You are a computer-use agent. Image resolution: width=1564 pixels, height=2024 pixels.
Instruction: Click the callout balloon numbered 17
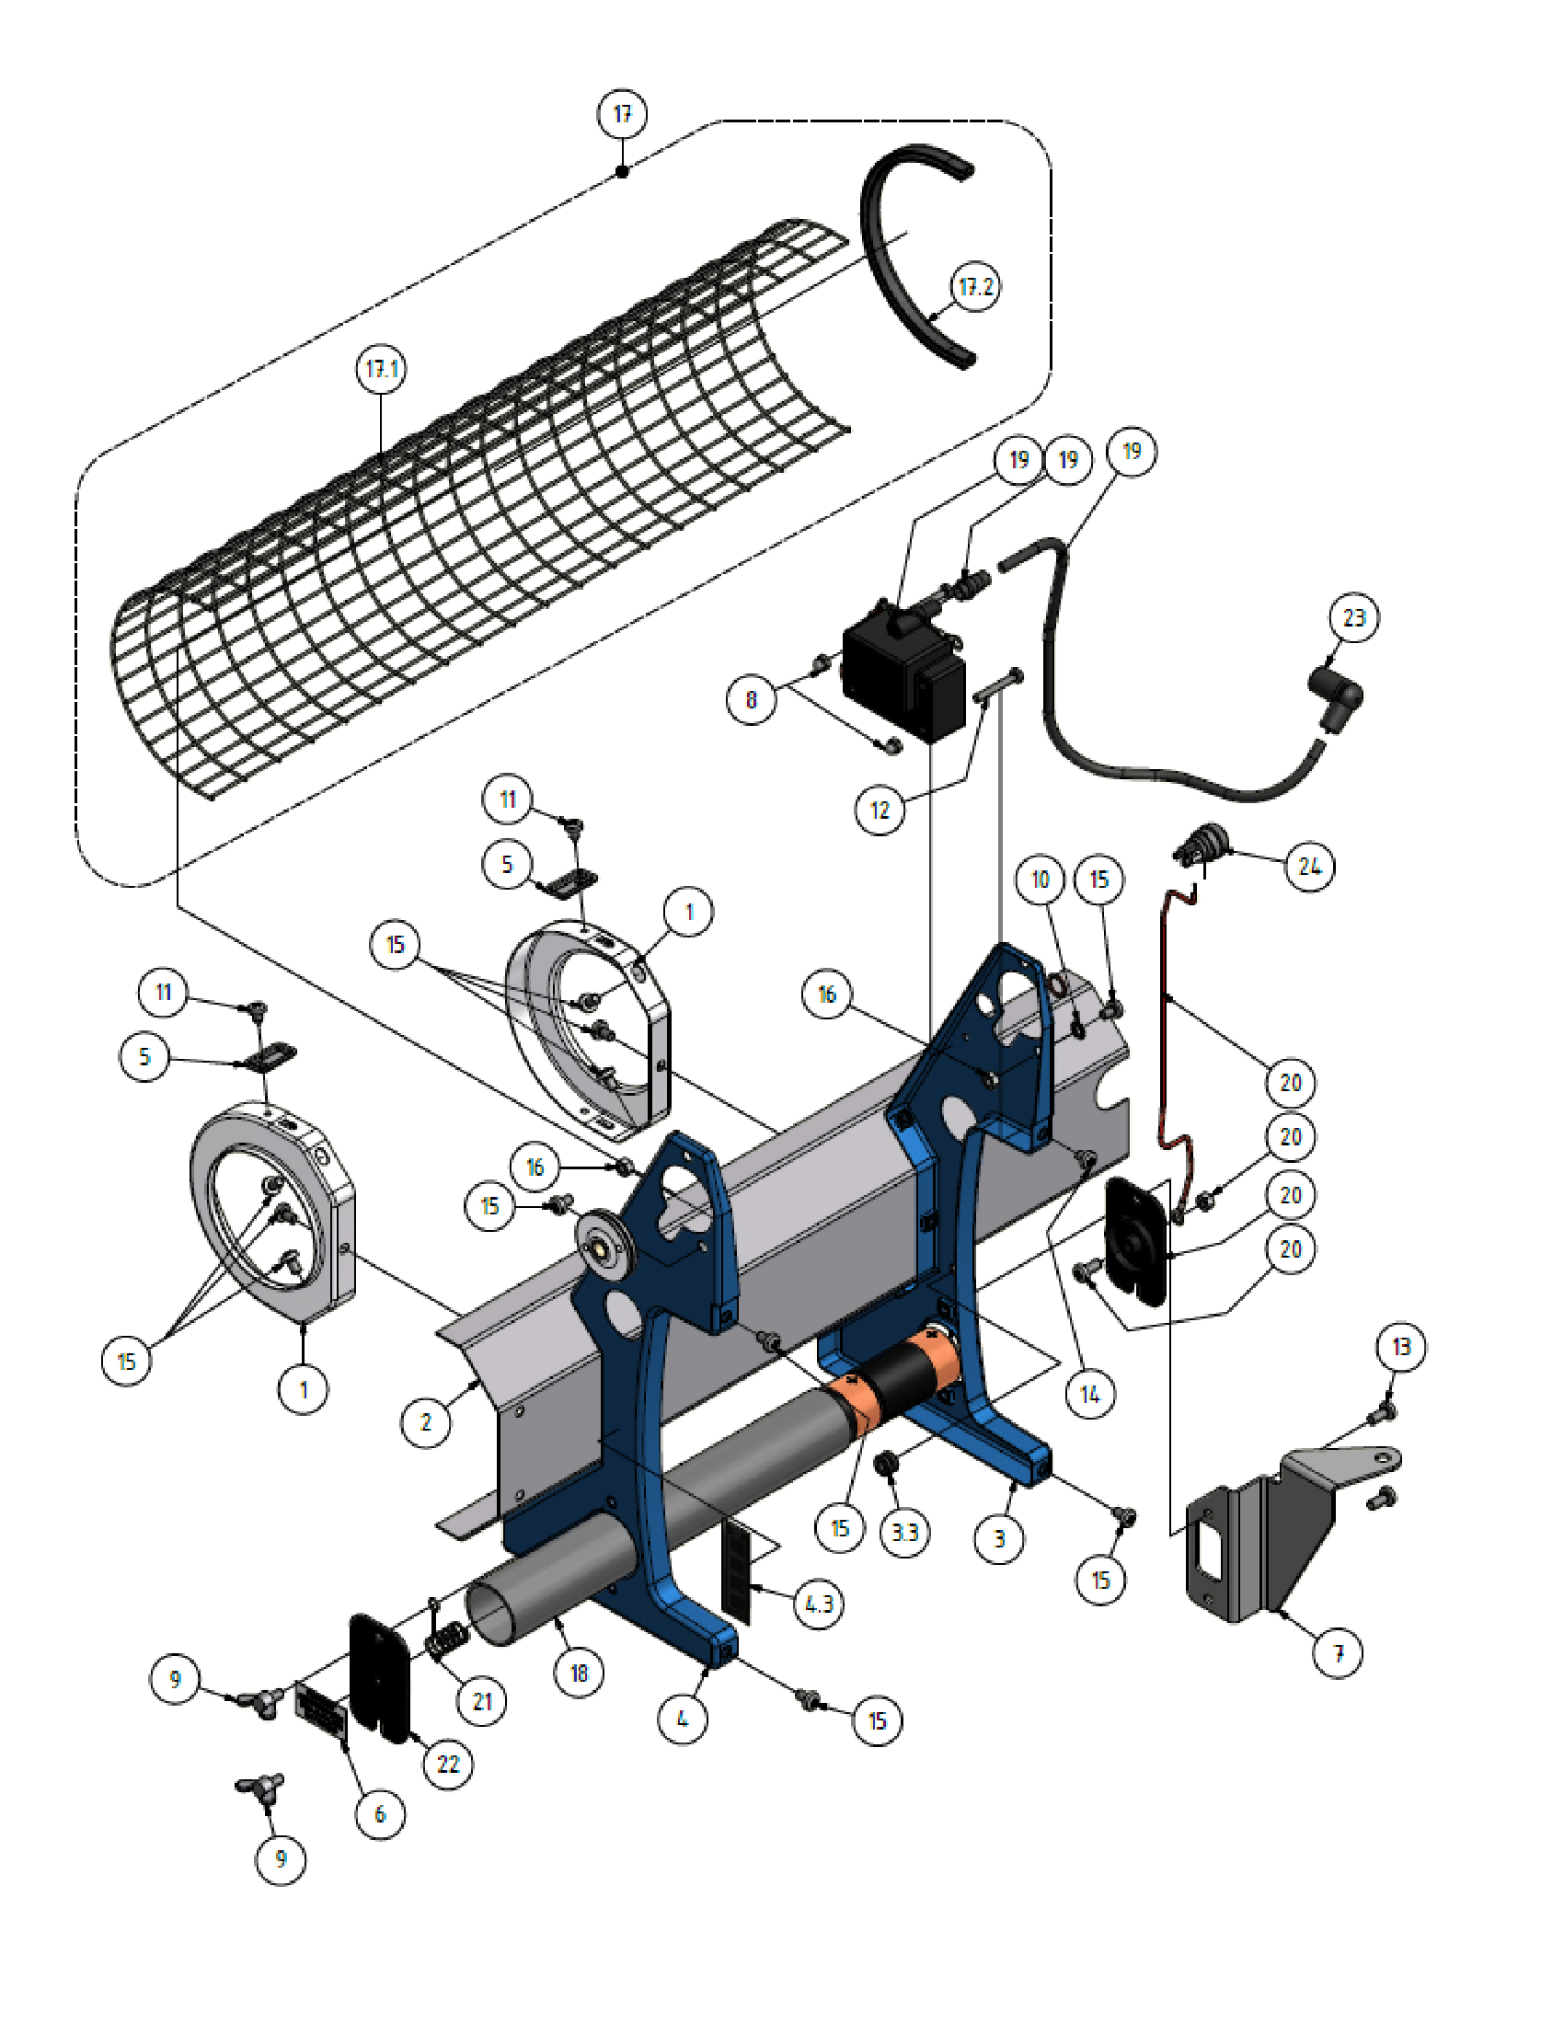[622, 114]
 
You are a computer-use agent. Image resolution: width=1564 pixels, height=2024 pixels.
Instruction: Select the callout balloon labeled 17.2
[974, 286]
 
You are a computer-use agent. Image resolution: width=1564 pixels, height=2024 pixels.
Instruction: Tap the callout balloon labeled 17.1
[381, 369]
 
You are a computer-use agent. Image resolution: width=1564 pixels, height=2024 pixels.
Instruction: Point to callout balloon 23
[1353, 617]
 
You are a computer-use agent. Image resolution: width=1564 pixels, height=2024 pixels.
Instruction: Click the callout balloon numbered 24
[1309, 866]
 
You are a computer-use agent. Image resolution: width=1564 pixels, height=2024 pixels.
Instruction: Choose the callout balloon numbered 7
[1338, 1651]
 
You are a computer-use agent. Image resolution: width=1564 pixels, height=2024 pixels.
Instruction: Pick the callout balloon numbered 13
[1401, 1346]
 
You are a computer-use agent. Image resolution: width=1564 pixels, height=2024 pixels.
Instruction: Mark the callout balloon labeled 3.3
[903, 1532]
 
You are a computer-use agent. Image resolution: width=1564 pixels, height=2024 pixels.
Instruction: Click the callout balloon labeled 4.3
[819, 1604]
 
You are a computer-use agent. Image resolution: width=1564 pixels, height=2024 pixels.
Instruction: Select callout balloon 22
[447, 1764]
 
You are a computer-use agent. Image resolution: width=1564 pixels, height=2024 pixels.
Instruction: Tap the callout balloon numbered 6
[380, 1813]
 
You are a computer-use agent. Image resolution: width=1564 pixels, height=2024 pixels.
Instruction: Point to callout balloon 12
[880, 810]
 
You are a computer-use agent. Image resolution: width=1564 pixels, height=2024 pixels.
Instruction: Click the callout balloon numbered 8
[751, 699]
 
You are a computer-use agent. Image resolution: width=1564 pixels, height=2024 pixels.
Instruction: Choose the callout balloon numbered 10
[1040, 879]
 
